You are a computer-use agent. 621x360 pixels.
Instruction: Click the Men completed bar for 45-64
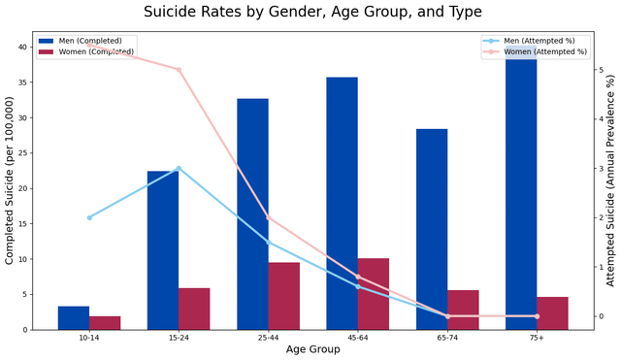[343, 203]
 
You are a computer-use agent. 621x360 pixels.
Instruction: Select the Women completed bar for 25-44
[284, 296]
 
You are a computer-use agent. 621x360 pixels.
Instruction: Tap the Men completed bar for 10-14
[74, 317]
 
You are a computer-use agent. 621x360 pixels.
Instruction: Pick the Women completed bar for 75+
[552, 312]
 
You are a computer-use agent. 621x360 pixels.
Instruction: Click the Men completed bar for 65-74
[432, 229]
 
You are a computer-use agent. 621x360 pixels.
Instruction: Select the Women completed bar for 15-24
[194, 309]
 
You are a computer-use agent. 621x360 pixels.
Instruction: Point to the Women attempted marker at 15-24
[179, 70]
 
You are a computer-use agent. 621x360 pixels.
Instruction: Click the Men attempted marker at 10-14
[89, 217]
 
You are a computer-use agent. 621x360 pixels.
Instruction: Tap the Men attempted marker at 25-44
[269, 242]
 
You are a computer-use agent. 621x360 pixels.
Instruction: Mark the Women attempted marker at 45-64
[358, 277]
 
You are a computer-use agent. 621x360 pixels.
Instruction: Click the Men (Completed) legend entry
[80, 41]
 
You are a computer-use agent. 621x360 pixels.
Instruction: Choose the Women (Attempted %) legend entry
[535, 51]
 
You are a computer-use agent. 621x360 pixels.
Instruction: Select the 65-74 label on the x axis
[447, 338]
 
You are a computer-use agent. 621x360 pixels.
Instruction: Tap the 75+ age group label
[537, 338]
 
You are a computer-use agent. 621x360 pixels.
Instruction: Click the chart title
[312, 12]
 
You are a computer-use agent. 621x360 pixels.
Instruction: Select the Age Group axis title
[312, 349]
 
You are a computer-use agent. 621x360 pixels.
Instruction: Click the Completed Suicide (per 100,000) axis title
[9, 180]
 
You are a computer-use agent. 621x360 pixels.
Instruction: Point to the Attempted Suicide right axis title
[610, 180]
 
